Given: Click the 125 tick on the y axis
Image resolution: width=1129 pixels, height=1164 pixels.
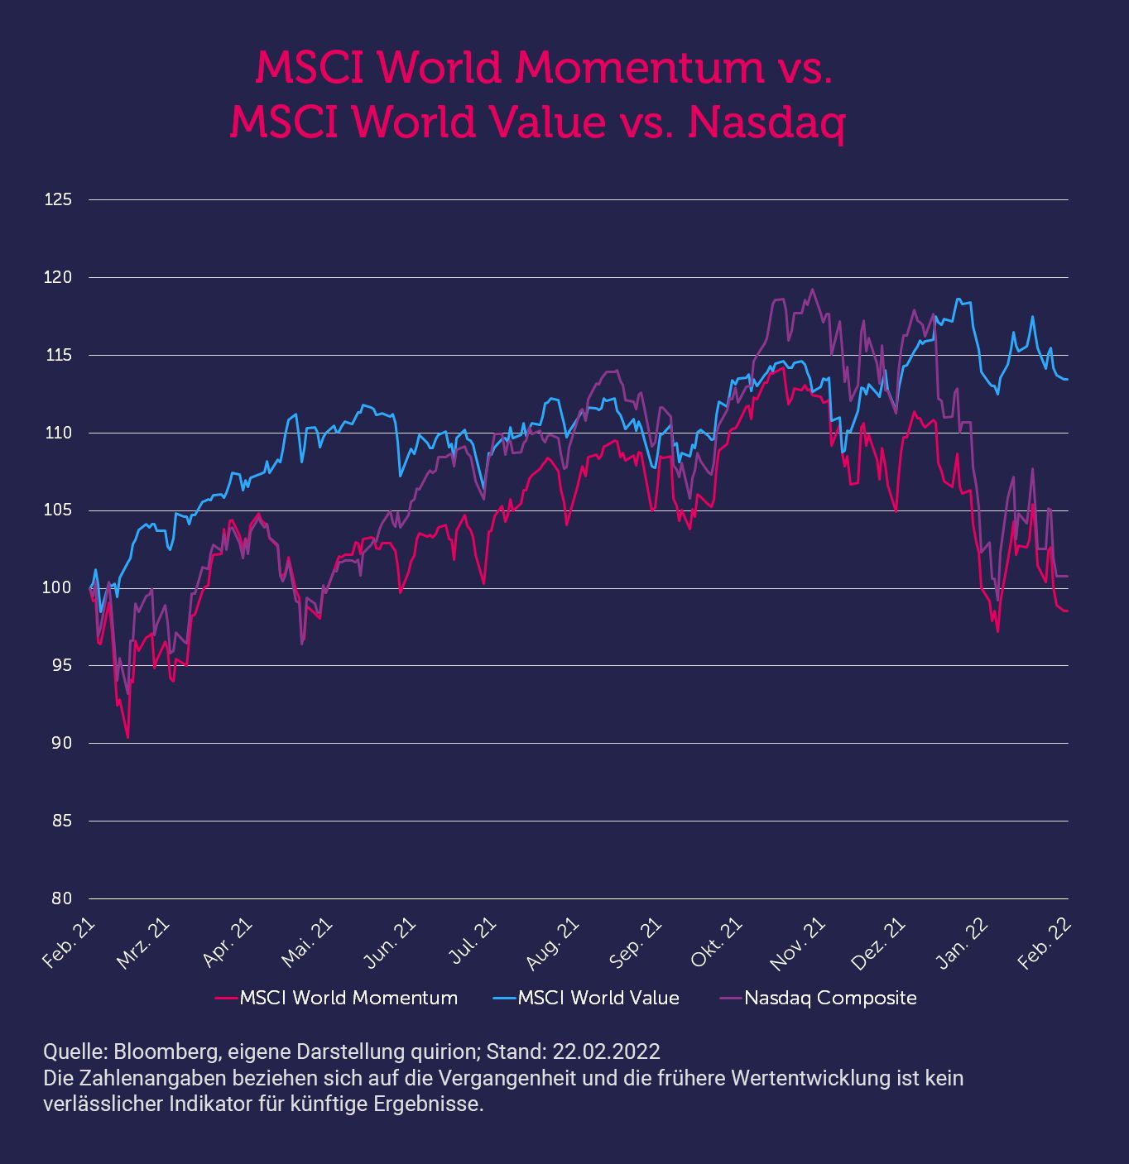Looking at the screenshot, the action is point(57,199).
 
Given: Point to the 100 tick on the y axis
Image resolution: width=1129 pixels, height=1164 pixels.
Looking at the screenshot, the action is point(57,588).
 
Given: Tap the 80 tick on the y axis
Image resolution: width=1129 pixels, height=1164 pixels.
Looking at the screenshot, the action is point(61,898).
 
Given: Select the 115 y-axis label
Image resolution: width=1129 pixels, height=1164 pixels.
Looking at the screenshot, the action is point(58,355).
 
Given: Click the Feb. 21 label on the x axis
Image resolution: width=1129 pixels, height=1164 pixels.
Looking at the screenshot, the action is point(68,944).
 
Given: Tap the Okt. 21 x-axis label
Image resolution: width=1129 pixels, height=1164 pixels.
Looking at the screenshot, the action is point(716,942).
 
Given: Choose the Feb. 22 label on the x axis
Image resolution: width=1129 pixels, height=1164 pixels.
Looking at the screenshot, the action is point(1044,944).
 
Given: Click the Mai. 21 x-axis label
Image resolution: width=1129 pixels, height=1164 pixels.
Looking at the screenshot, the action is point(306,942).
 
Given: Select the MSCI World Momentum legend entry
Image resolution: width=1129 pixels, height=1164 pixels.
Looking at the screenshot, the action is point(336,998).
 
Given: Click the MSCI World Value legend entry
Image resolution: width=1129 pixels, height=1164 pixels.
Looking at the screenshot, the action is point(586,998).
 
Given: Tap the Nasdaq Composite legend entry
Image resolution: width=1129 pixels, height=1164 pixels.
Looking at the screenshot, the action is point(818,998).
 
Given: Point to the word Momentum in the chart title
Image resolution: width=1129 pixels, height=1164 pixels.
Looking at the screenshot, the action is point(640,68).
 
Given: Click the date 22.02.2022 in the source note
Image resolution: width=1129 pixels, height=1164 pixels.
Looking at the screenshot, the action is point(606,1051).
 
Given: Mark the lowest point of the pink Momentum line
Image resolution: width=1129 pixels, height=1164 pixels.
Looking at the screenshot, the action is point(127,737).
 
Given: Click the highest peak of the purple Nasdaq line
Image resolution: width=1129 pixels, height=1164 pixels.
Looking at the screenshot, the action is point(812,290).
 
